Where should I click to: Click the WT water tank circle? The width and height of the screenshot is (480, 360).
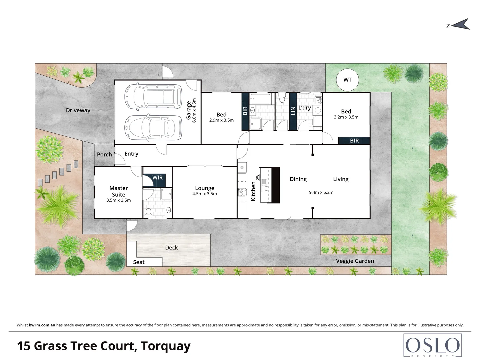[x=347, y=80]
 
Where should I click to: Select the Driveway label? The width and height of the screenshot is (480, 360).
[x=78, y=110]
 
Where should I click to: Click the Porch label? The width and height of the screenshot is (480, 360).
[x=104, y=154]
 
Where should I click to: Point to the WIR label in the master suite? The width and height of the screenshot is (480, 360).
[x=157, y=178]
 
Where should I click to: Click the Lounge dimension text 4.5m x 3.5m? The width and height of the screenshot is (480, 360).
[x=205, y=194]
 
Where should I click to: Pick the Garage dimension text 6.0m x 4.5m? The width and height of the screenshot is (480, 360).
[x=194, y=110]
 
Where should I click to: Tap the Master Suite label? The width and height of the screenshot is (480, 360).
[x=119, y=191]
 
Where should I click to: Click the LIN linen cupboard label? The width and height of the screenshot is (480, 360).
[x=293, y=111]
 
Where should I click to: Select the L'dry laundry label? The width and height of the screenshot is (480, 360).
[x=304, y=108]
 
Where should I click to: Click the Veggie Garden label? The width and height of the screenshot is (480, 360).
[x=355, y=261]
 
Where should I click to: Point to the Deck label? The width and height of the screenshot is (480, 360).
[x=171, y=248]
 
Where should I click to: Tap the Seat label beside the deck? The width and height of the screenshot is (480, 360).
[x=139, y=262]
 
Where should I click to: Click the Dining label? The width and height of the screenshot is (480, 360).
[x=298, y=179]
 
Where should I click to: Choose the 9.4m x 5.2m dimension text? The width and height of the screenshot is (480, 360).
[x=321, y=192]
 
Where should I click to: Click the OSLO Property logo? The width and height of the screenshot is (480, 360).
[x=432, y=346]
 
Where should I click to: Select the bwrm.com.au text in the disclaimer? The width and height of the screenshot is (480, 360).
[x=42, y=325]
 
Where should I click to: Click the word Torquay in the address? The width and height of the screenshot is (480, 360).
[x=165, y=346]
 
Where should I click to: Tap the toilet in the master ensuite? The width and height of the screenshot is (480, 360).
[x=149, y=212]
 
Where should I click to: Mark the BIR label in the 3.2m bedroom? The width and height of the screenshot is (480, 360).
[x=354, y=141]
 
